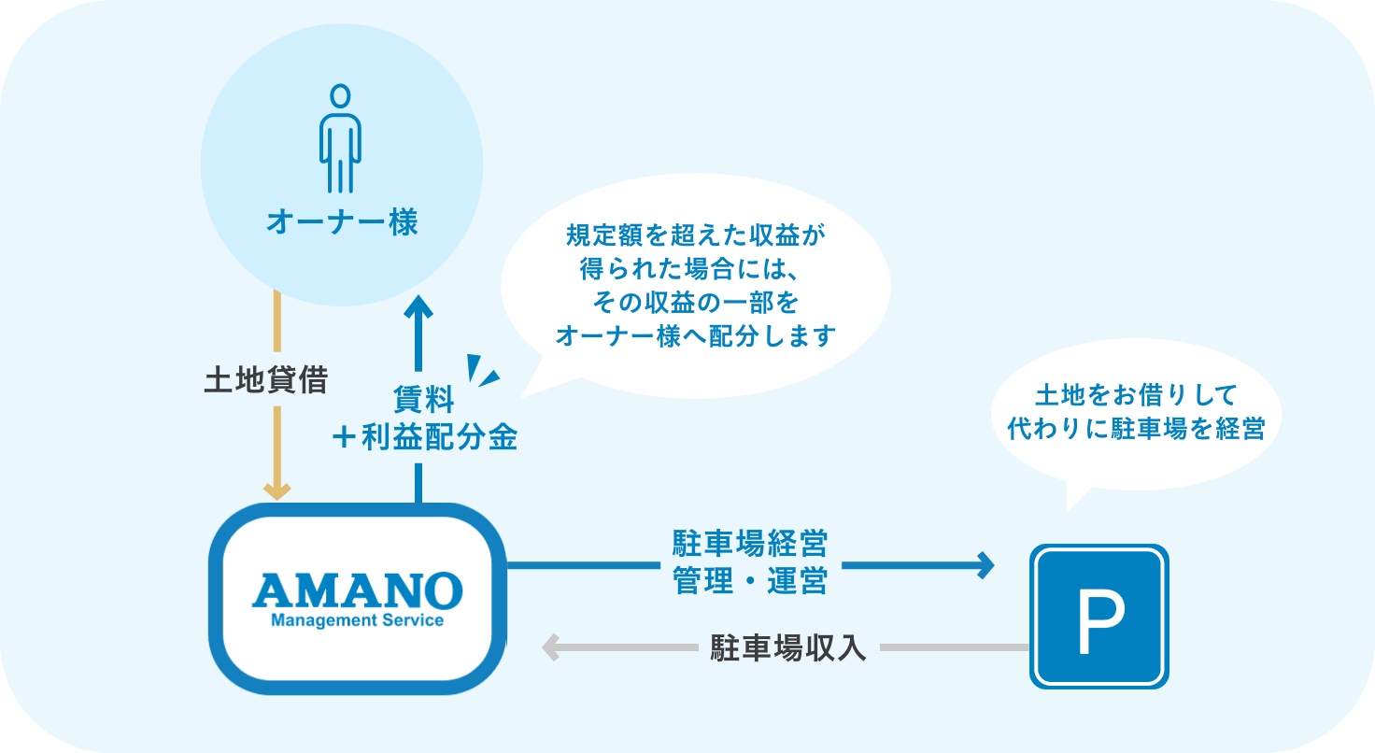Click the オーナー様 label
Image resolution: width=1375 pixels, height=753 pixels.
(x=342, y=223)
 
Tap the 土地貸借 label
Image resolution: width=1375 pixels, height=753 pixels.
(x=266, y=381)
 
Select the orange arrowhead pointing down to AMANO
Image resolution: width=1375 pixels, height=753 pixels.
(x=277, y=490)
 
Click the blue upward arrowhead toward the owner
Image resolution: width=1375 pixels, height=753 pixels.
(x=418, y=308)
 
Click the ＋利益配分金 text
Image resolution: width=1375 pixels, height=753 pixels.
(x=424, y=437)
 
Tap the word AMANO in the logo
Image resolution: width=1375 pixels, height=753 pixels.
(x=358, y=590)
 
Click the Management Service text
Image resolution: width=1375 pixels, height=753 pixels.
(x=357, y=620)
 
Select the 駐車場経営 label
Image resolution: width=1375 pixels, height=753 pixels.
(x=750, y=543)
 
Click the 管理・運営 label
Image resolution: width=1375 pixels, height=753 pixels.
(x=750, y=581)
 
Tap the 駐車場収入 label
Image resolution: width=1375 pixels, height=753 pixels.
(x=788, y=647)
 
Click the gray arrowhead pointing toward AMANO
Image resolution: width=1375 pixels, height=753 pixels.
(x=552, y=647)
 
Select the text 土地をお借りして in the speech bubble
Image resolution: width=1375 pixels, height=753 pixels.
(x=1136, y=394)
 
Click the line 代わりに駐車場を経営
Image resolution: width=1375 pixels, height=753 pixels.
(x=1136, y=428)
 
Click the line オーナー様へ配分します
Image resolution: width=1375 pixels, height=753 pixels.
(x=695, y=335)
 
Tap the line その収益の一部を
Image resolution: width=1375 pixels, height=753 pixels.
(x=695, y=303)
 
